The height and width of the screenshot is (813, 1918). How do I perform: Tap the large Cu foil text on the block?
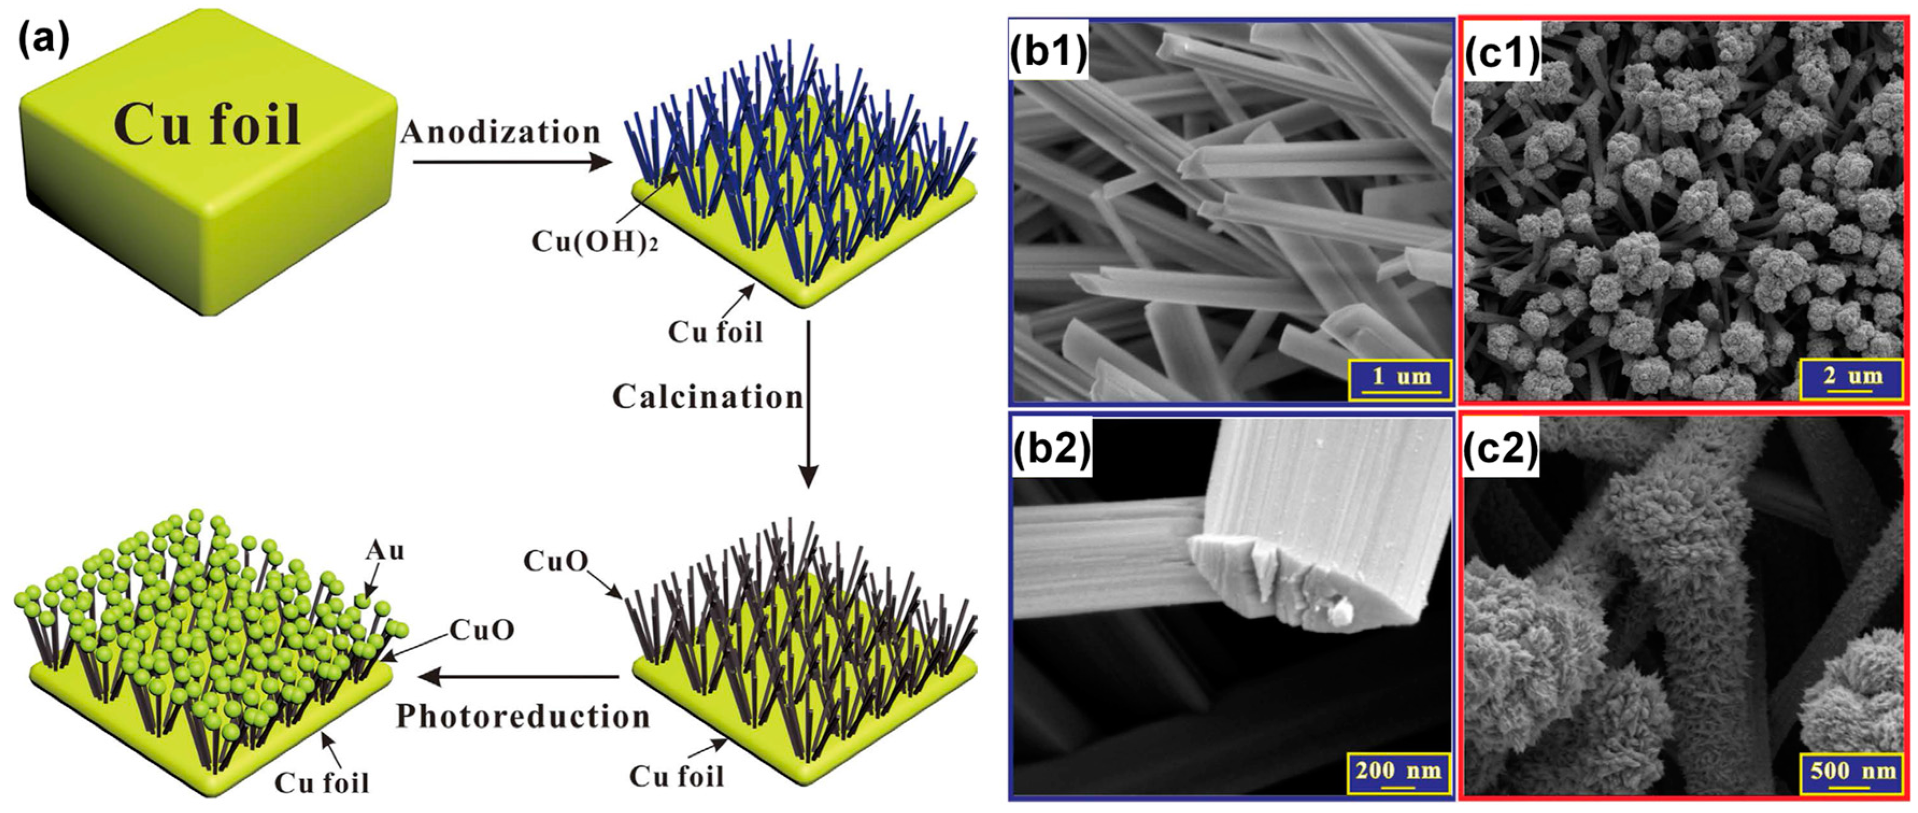point(207,125)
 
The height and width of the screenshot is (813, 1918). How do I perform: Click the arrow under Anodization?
point(512,161)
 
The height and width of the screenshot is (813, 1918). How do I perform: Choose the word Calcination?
point(707,397)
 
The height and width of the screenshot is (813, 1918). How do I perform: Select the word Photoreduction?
point(523,716)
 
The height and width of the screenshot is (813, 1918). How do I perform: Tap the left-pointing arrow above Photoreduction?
point(518,676)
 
